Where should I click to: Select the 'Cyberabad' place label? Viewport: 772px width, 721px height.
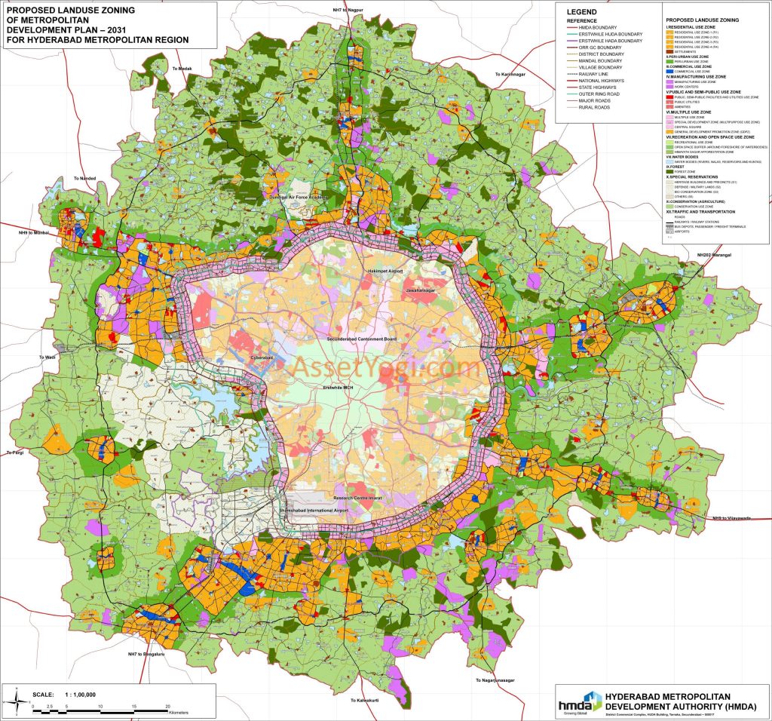pos(266,359)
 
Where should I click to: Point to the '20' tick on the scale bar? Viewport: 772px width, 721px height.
pos(167,706)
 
